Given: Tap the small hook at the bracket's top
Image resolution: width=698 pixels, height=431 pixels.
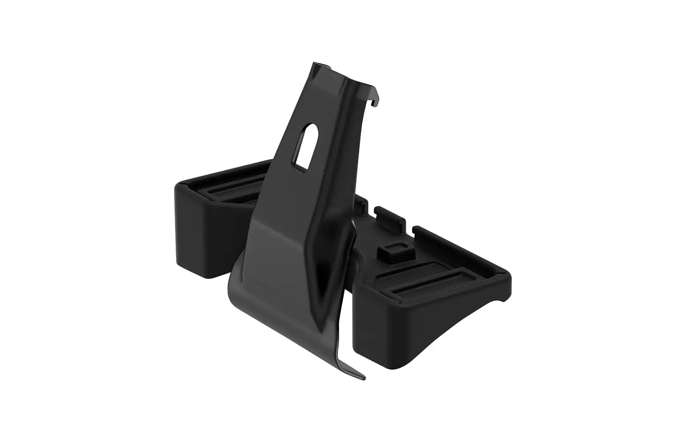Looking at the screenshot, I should (373, 102).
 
